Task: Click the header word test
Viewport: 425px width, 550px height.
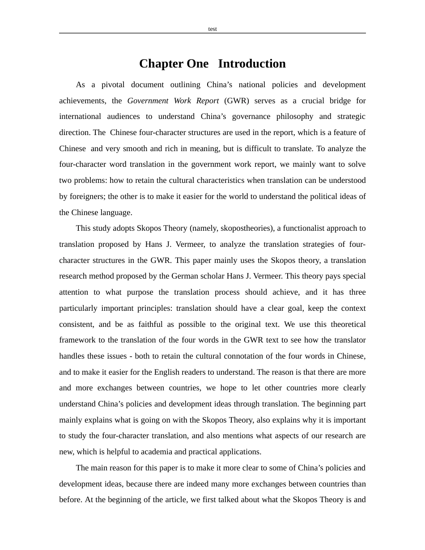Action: [x=212, y=29]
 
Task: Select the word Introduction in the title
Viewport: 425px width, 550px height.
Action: [x=252, y=63]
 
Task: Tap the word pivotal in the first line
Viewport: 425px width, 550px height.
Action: [x=113, y=85]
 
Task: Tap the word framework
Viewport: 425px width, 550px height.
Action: [x=77, y=340]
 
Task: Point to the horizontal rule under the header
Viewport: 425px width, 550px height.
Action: [x=212, y=33]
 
